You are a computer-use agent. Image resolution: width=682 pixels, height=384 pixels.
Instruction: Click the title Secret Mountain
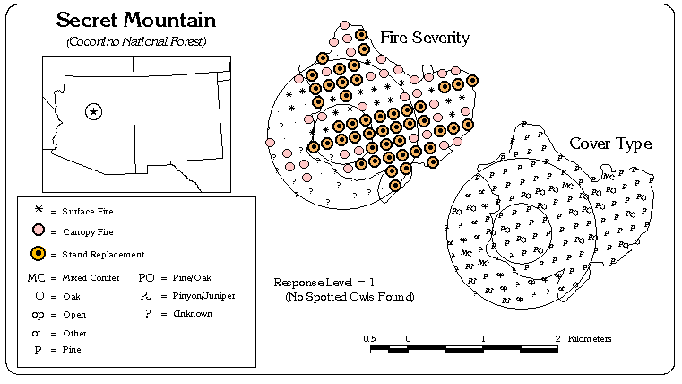coord(136,20)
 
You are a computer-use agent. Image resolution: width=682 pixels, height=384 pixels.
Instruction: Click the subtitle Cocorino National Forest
coord(136,41)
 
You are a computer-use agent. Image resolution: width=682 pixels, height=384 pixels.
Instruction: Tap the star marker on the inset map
coord(94,111)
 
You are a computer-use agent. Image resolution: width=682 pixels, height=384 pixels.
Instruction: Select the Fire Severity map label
coord(425,38)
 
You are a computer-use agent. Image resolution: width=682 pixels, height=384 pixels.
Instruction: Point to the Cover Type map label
coord(610,144)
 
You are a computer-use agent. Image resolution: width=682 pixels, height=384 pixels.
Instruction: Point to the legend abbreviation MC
coord(37,278)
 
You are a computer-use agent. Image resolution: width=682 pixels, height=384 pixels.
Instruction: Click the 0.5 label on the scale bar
coord(371,338)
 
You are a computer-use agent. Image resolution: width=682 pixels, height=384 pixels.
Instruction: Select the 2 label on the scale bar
coord(557,338)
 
